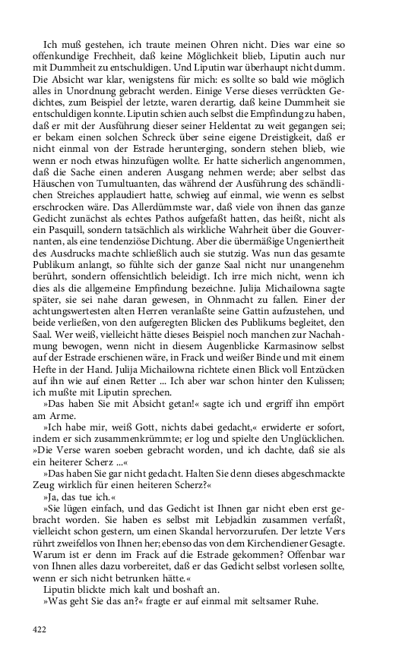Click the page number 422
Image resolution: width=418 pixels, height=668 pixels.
coord(40,629)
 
